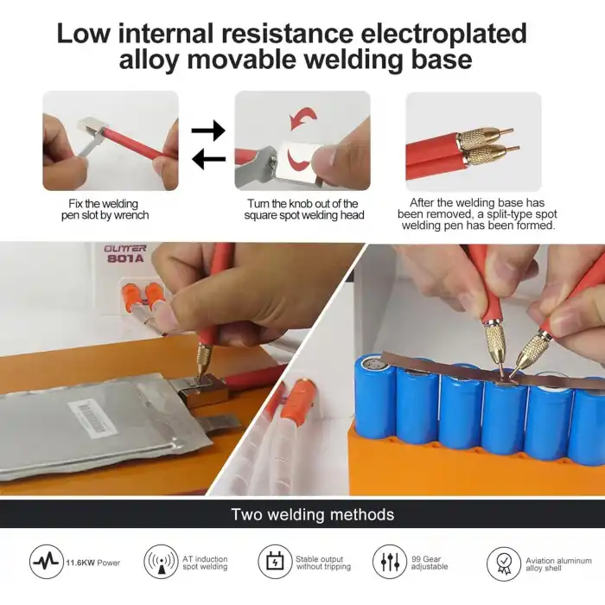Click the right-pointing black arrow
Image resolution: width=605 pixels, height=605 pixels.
[208, 130]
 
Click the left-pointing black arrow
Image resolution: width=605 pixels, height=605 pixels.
[208, 159]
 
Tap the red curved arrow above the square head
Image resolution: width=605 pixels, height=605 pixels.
[303, 118]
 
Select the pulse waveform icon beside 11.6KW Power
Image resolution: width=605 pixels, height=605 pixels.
[47, 562]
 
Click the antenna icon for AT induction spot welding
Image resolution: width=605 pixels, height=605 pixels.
[161, 562]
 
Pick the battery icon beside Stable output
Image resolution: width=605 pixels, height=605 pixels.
[275, 562]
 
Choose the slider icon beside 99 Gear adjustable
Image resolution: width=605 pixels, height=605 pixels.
[390, 562]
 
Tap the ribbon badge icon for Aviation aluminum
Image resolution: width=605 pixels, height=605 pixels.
[504, 564]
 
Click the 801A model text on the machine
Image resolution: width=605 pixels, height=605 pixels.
[125, 258]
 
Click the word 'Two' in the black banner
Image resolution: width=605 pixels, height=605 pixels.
[246, 514]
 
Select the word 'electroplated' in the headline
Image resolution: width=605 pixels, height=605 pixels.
[444, 33]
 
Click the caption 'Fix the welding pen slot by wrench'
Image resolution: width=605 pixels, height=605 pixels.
[105, 209]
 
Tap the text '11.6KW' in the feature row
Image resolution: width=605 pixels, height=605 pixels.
[80, 563]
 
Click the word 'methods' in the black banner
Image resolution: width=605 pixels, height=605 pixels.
[362, 514]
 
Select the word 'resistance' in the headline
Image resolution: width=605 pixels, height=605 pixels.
[287, 33]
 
